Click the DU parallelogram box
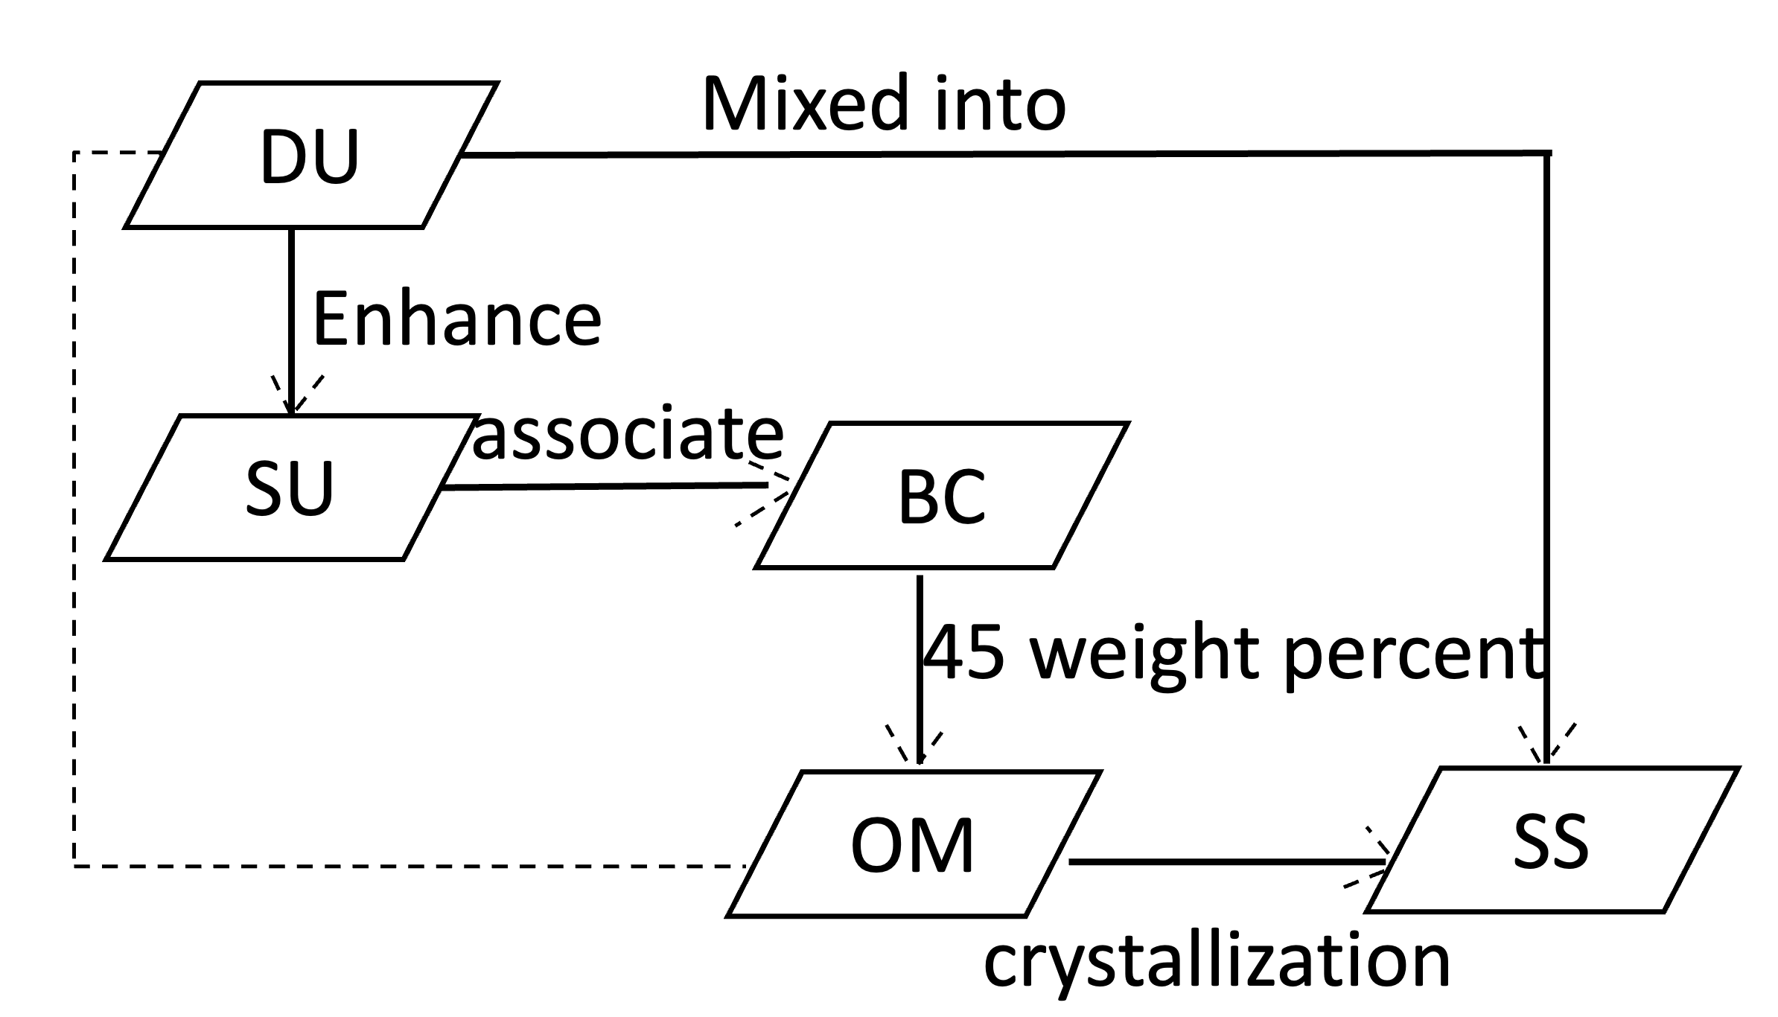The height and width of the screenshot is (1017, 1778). (x=310, y=155)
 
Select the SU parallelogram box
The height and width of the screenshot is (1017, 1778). (x=291, y=488)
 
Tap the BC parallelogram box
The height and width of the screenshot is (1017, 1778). (x=942, y=496)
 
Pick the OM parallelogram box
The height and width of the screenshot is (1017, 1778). (x=913, y=844)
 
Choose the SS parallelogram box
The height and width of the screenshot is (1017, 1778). (x=1552, y=840)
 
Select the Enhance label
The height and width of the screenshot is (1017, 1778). (x=456, y=320)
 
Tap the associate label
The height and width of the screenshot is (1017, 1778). (x=628, y=433)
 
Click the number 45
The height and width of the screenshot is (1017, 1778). (x=965, y=654)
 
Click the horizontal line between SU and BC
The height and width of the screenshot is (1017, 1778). (x=603, y=487)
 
